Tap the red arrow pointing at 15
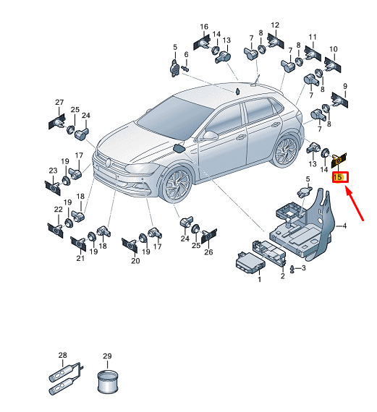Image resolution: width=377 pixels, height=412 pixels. coord(355,204)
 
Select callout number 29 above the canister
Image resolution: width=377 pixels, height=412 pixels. coord(107,356)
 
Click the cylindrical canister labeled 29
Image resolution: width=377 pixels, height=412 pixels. coord(107,382)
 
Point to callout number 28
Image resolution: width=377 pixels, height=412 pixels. coord(63,355)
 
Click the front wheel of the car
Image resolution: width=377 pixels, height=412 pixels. coord(177,184)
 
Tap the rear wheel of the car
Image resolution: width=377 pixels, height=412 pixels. coord(285,152)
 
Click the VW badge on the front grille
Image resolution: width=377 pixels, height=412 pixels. coord(108,163)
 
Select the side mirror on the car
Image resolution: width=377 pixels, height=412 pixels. coord(210,136)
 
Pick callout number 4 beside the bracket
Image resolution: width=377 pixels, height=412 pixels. coord(344,226)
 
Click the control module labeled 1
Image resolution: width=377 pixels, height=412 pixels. coord(250,261)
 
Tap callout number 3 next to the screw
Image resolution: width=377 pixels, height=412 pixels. coord(304,267)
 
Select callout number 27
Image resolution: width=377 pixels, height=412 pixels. coord(59,102)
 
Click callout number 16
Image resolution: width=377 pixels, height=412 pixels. coord(204,27)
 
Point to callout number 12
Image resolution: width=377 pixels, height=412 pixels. coord(275,25)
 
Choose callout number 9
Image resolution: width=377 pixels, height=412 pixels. coord(345,86)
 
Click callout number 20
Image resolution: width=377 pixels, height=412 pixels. coord(135,261)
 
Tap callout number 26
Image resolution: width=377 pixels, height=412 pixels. coord(208,252)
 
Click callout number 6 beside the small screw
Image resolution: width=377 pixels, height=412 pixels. coord(186,54)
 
